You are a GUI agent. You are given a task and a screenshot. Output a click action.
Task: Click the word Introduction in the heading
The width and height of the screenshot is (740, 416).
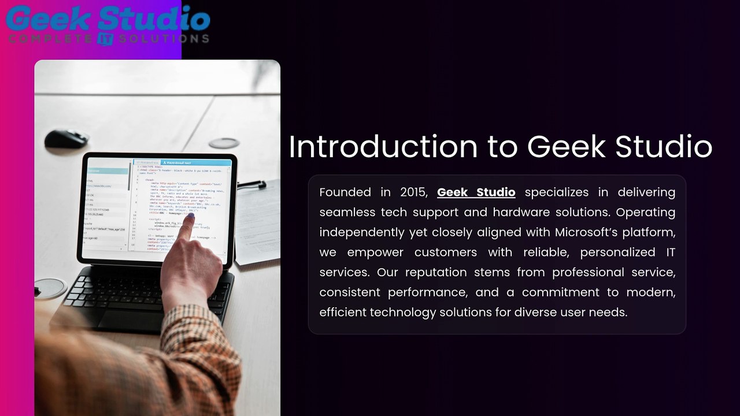(x=383, y=147)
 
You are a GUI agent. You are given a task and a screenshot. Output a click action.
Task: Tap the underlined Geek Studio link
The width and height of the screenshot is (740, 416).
(x=476, y=192)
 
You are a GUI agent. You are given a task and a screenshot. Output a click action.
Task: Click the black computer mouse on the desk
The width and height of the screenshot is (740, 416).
(x=66, y=138)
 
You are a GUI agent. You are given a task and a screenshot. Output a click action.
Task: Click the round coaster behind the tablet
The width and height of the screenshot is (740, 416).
(x=223, y=143)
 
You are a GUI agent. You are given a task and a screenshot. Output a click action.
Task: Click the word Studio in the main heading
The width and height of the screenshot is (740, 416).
(x=663, y=147)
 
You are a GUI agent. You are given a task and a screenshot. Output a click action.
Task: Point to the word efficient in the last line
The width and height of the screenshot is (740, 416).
(x=343, y=313)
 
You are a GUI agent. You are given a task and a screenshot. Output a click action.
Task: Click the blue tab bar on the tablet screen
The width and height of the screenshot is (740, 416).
(x=182, y=163)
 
